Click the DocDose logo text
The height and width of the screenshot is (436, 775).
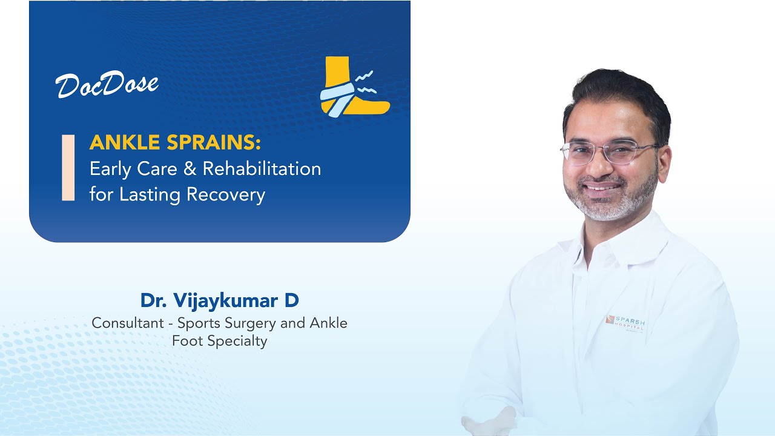(x=107, y=85)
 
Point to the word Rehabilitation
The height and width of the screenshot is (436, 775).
(x=262, y=169)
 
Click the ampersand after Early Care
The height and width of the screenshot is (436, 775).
(x=190, y=169)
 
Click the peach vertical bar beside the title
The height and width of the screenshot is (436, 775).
(x=68, y=168)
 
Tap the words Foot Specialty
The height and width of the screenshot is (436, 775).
(x=219, y=341)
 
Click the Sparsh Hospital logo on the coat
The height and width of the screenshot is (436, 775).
(x=625, y=322)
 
